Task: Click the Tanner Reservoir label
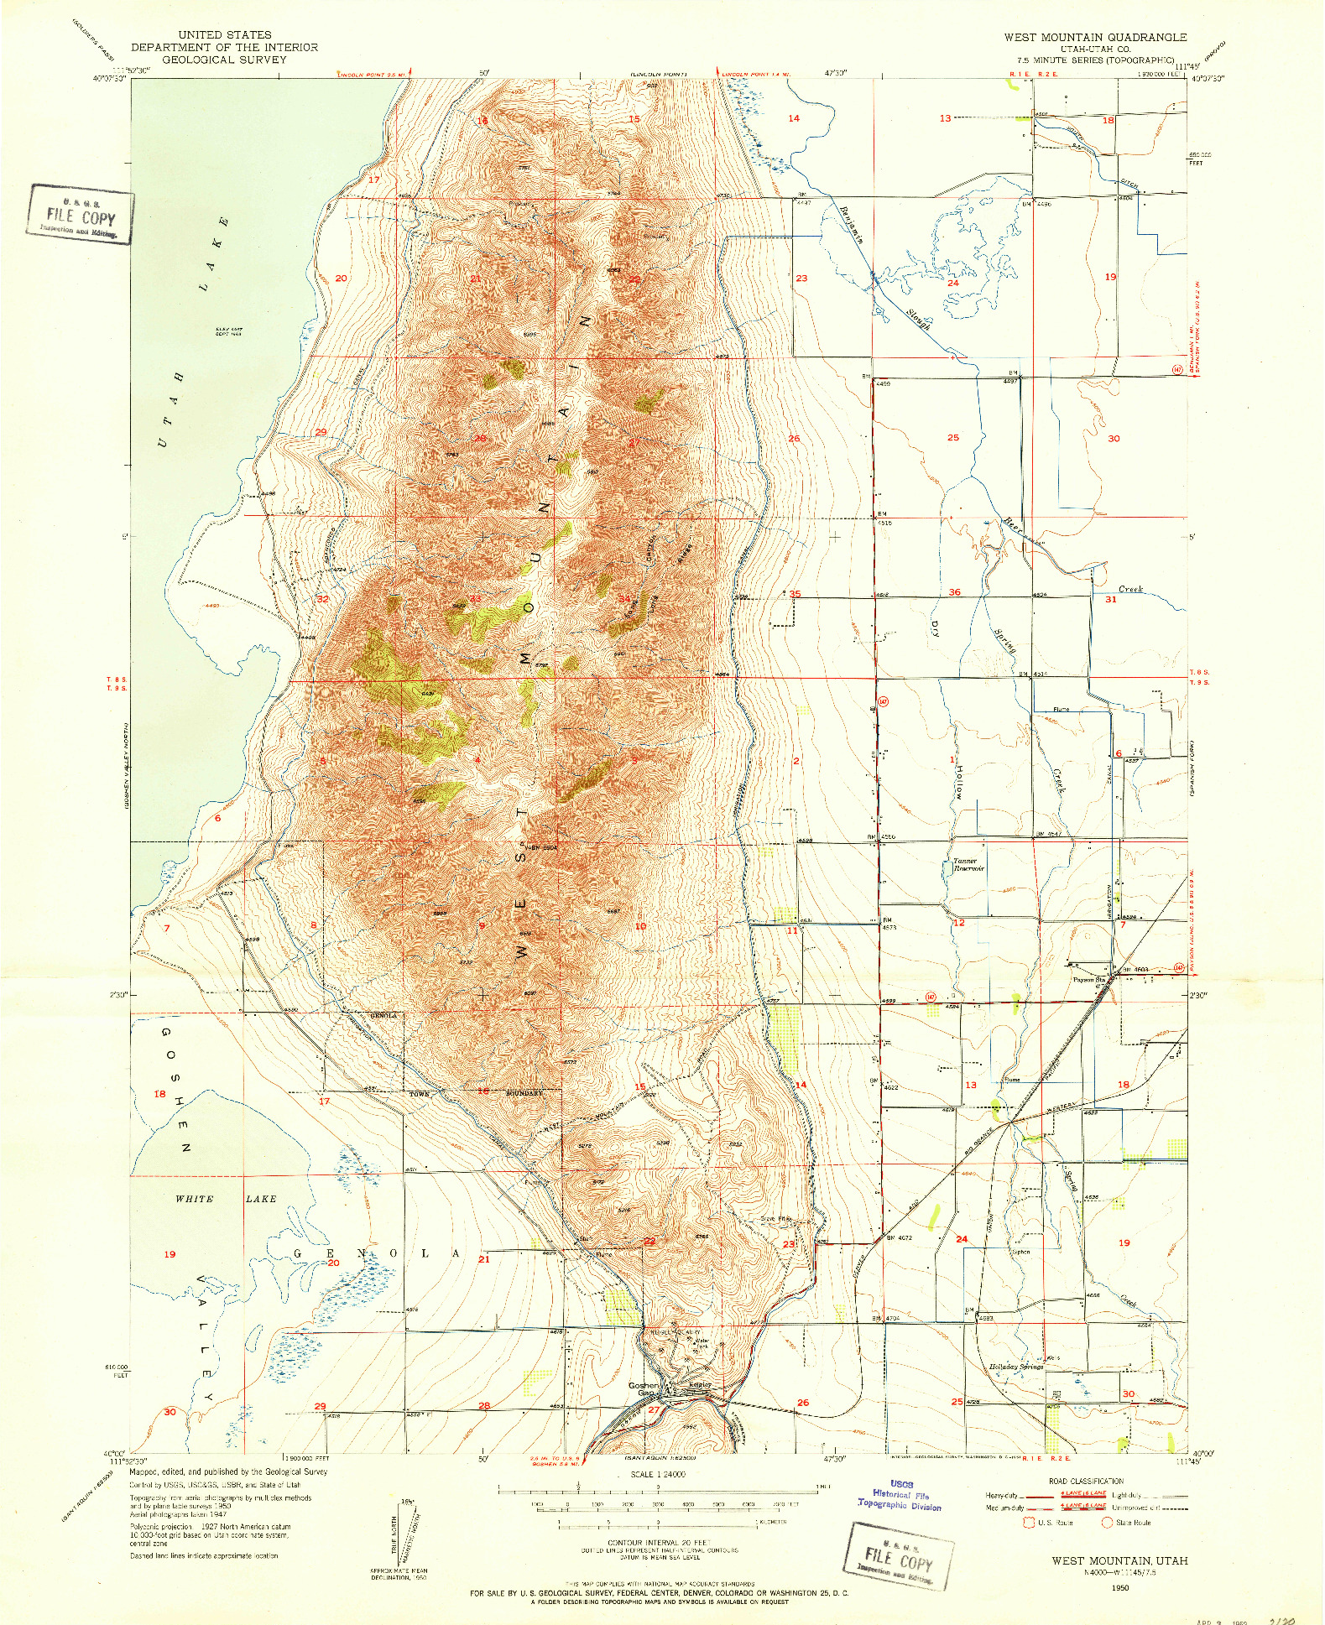[967, 865]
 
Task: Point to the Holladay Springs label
[1016, 1367]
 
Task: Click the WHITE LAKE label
[225, 1199]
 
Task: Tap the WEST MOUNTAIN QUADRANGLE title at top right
[1095, 37]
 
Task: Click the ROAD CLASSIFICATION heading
[1086, 1482]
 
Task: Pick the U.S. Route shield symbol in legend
[1029, 1523]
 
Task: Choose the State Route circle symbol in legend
[1107, 1523]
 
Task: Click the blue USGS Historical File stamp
[900, 1495]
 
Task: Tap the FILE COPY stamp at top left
[81, 216]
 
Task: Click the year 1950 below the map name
[1119, 1587]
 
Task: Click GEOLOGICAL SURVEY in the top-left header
[224, 60]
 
